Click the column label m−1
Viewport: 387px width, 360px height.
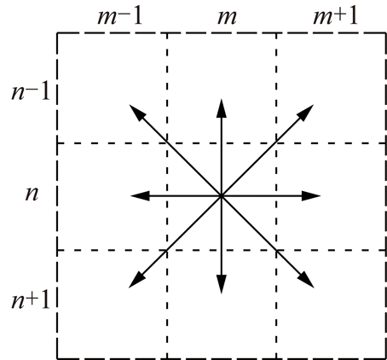(119, 17)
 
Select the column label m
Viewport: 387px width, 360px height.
(227, 18)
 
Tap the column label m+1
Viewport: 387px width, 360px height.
(335, 17)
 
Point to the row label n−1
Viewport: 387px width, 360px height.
(31, 92)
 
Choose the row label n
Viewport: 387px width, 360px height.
(32, 195)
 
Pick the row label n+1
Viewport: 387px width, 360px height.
(31, 300)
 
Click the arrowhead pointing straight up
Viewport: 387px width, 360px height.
(222, 108)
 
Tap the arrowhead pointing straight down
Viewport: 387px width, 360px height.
(222, 284)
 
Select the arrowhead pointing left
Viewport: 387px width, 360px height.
(140, 196)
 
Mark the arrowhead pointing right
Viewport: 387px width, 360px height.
(311, 196)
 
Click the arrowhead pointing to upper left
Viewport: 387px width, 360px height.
(137, 113)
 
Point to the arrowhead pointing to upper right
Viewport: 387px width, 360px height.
(305, 113)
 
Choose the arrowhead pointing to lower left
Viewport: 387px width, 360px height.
(137, 280)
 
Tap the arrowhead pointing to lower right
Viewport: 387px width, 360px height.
(306, 280)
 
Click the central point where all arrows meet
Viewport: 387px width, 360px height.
(222, 196)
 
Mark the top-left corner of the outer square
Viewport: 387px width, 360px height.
(57, 33)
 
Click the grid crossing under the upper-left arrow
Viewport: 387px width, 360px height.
(167, 142)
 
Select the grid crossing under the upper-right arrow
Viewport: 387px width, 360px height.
(276, 142)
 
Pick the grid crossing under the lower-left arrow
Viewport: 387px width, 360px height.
(167, 250)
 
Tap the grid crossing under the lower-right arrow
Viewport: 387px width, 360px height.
(276, 250)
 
